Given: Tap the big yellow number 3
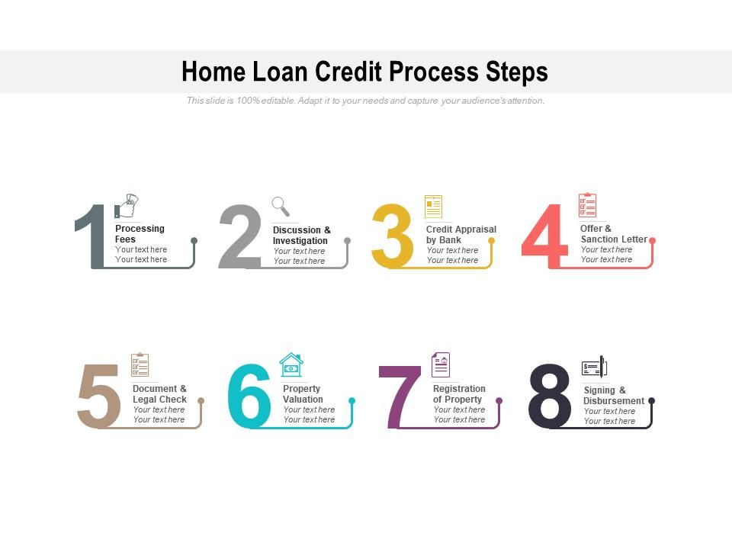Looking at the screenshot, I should click(392, 236).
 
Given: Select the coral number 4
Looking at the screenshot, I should click(544, 236).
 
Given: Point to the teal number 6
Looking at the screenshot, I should click(249, 396).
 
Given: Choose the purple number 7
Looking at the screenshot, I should click(400, 397).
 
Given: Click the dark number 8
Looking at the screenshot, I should click(550, 396).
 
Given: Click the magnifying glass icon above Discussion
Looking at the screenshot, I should click(281, 206).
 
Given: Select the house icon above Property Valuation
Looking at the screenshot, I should click(291, 364).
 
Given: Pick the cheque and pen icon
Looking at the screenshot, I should click(595, 368).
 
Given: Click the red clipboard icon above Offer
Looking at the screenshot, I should click(587, 205).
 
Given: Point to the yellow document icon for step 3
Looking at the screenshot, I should click(433, 207).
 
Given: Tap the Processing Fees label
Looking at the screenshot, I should click(140, 234).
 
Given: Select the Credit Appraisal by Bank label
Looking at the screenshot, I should click(461, 234).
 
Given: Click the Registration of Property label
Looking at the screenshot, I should click(458, 394).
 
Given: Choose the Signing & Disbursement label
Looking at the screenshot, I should click(614, 396).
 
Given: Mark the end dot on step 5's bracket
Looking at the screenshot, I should click(201, 400).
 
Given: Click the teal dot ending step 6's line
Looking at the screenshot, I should click(352, 400).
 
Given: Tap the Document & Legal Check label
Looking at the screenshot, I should click(159, 394).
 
